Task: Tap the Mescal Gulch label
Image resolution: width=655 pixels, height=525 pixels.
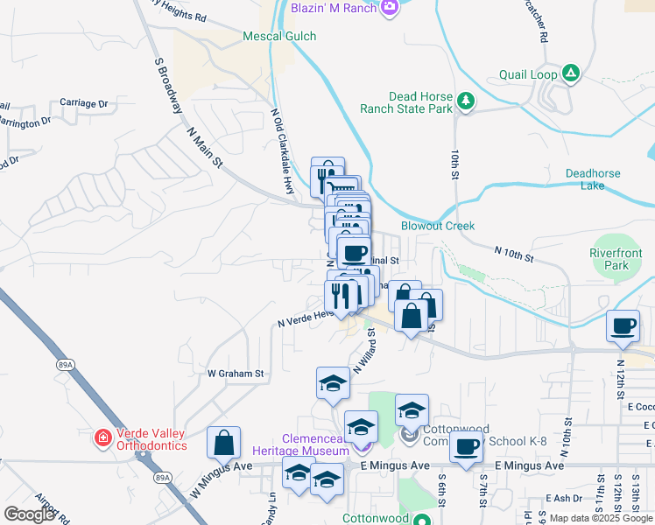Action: [x=279, y=36]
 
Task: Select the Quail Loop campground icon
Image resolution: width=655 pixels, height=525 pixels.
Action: [x=571, y=73]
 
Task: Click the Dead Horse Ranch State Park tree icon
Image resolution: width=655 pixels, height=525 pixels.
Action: [x=467, y=102]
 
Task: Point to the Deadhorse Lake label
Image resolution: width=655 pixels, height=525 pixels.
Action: [x=593, y=179]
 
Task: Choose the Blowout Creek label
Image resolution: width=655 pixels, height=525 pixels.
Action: [x=438, y=226]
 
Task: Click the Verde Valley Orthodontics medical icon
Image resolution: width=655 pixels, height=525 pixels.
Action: [x=103, y=436]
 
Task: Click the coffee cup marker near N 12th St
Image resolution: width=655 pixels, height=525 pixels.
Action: [x=623, y=326]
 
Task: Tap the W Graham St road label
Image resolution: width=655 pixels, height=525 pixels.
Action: [x=236, y=374]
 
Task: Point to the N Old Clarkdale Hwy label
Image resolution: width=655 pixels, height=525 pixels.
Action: [x=282, y=151]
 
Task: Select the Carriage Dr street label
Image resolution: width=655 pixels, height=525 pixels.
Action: [x=84, y=103]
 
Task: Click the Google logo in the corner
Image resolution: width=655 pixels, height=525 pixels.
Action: [x=29, y=514]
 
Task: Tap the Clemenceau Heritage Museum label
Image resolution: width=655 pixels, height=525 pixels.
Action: [x=315, y=444]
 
